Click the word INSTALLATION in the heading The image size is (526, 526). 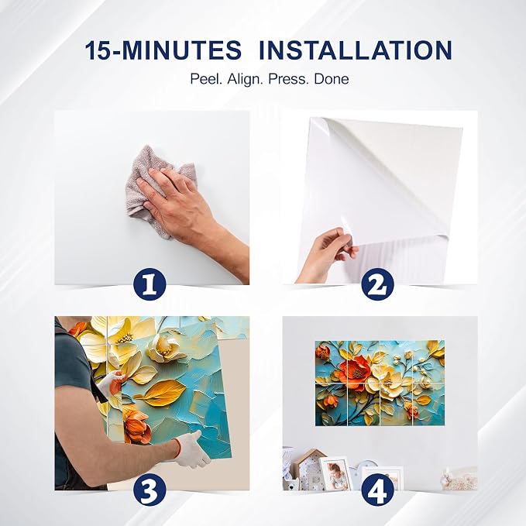(x=356, y=50)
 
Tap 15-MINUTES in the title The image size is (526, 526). (x=163, y=50)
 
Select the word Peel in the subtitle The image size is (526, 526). (x=207, y=80)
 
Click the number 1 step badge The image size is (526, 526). (x=150, y=284)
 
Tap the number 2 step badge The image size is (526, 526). (x=378, y=284)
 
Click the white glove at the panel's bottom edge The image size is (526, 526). (x=191, y=449)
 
